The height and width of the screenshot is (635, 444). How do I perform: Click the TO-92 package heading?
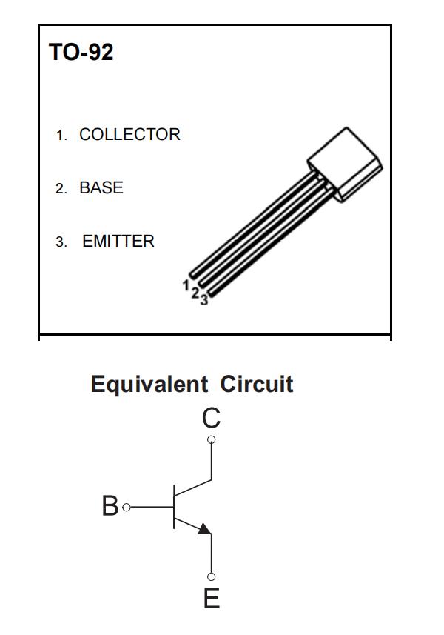pos(81,53)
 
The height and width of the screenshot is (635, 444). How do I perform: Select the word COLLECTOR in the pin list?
pos(129,135)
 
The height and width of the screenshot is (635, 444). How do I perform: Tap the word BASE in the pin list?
pos(101,188)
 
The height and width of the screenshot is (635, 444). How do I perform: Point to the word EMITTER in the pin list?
pos(118,242)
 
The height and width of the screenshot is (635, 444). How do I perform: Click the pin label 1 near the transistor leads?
pos(186,285)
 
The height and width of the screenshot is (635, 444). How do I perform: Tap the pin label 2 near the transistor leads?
pos(195,293)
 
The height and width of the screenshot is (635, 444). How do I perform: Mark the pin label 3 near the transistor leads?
pos(204,300)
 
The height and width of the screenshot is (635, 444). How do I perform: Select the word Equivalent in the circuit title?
pos(149,385)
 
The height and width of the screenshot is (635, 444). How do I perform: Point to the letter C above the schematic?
pos(211,419)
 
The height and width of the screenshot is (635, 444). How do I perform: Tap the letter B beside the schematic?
pos(110,507)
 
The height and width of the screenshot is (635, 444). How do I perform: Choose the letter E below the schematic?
pos(212,598)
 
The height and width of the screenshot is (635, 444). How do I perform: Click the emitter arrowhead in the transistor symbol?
pos(205,528)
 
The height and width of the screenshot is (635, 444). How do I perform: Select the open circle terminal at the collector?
pos(212,440)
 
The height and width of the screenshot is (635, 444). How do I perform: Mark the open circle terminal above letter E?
pos(212,576)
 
